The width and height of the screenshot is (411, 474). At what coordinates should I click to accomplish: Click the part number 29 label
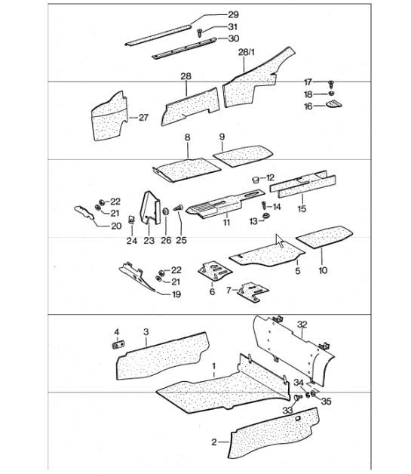[x=211, y=16]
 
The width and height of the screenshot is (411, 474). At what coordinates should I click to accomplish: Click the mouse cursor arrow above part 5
[x=279, y=241]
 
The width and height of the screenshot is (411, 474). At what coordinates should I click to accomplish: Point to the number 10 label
[x=324, y=270]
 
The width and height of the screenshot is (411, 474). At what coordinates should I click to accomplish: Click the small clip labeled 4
[x=118, y=344]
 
